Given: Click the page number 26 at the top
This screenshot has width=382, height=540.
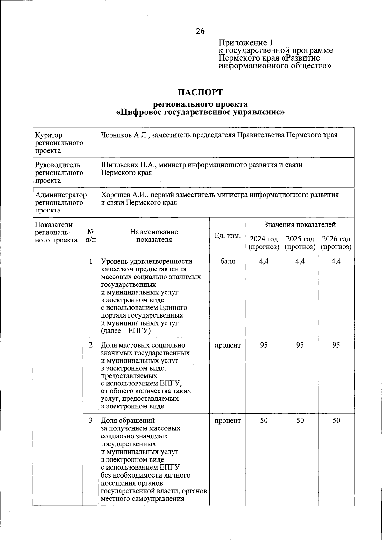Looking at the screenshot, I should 200,31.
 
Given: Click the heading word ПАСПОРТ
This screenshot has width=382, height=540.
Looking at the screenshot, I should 200,92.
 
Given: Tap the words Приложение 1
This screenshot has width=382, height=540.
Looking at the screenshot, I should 245,43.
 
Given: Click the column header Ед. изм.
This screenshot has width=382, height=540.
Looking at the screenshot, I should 228,236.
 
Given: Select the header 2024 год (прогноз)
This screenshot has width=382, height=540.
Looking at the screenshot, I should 264,243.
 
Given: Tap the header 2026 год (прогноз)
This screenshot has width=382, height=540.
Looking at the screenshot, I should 336,243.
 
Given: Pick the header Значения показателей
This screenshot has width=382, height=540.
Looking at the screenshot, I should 300,225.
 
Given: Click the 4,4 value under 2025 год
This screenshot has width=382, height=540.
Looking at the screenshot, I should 300,262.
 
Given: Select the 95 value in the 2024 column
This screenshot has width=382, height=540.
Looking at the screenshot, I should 264,345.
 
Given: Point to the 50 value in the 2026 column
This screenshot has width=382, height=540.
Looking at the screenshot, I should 336,421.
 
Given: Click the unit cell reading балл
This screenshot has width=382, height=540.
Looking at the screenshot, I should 228,262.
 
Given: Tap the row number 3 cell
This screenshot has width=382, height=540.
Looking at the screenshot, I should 91,421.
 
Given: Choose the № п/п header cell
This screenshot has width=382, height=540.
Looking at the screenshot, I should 91,236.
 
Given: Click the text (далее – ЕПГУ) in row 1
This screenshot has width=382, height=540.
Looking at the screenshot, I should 125,331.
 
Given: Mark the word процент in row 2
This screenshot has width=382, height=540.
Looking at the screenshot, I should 228,345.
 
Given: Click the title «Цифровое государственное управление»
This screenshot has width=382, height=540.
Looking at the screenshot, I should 200,112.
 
